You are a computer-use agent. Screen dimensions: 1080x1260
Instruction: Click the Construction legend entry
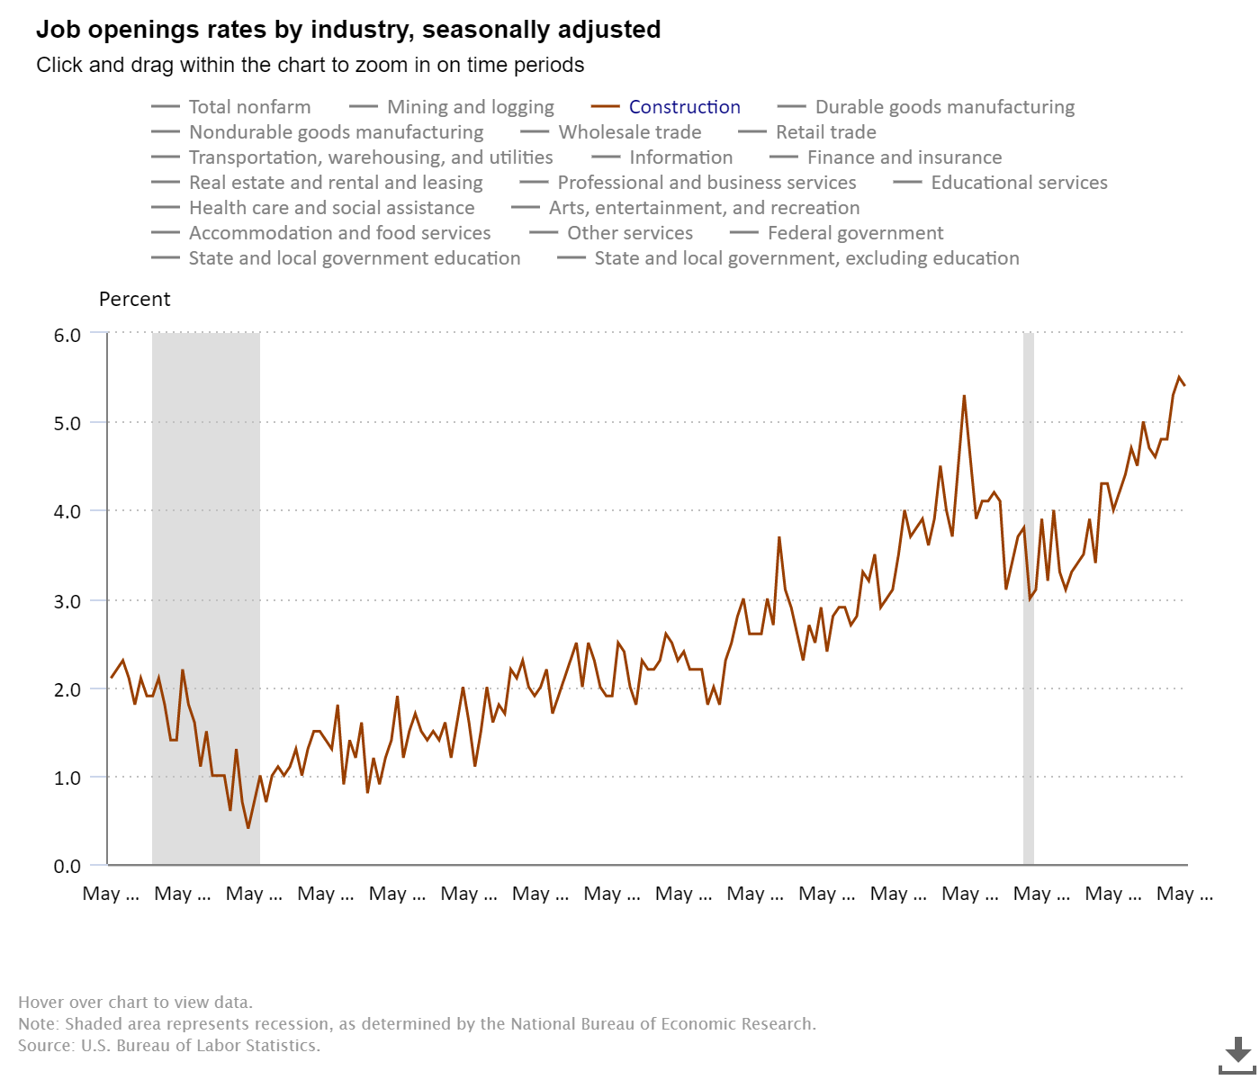click(x=684, y=107)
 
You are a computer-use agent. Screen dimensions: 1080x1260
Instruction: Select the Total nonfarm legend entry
click(x=249, y=107)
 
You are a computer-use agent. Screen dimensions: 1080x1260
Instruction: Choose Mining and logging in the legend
click(x=470, y=107)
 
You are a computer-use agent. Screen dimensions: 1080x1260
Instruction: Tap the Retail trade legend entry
click(x=825, y=132)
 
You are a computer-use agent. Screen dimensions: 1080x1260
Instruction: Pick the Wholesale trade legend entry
click(x=629, y=132)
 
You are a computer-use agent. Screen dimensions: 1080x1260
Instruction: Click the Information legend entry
click(x=680, y=157)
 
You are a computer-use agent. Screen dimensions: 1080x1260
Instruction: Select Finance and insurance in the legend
click(x=904, y=157)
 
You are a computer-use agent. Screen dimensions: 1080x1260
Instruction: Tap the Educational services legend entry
click(x=1019, y=183)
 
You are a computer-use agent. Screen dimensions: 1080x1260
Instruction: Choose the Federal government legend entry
click(x=855, y=233)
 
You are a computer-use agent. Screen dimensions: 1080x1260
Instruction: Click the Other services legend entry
click(x=629, y=233)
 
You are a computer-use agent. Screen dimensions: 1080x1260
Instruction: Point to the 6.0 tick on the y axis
click(x=67, y=335)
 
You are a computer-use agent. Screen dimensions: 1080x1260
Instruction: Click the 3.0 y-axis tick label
click(x=67, y=601)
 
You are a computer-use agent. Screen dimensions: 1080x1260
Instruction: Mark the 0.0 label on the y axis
click(x=67, y=867)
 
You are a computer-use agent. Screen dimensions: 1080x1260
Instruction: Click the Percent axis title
click(x=134, y=300)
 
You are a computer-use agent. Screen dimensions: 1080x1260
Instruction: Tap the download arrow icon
click(x=1238, y=1054)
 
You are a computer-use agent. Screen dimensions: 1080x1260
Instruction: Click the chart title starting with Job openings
click(x=348, y=30)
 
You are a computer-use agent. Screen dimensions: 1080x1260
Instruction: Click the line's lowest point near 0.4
click(x=248, y=827)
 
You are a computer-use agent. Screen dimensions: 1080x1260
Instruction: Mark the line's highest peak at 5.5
click(x=1179, y=377)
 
